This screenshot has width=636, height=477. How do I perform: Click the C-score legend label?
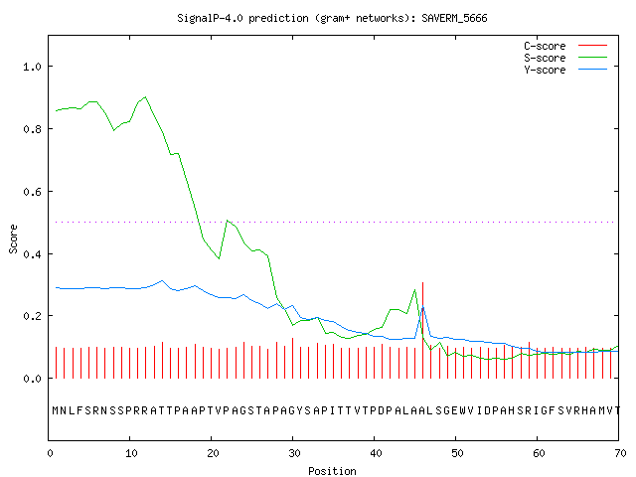[x=545, y=46]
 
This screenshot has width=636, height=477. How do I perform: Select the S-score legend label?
[x=545, y=58]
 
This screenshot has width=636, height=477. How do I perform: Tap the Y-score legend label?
[x=545, y=70]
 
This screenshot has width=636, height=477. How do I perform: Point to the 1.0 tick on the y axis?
[x=32, y=67]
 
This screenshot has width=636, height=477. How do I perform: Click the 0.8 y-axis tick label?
[x=32, y=129]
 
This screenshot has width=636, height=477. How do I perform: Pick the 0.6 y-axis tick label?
[x=32, y=192]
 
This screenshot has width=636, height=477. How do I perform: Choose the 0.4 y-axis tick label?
[x=32, y=254]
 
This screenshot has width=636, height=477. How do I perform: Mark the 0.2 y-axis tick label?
[x=32, y=316]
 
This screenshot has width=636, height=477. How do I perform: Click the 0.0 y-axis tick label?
[x=32, y=379]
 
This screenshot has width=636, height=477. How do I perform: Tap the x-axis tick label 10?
[x=130, y=453]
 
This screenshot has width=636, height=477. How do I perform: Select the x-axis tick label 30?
[x=294, y=453]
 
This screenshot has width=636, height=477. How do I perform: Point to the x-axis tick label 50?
[x=457, y=453]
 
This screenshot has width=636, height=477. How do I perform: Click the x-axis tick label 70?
[x=620, y=453]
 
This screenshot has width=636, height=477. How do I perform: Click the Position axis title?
[x=332, y=471]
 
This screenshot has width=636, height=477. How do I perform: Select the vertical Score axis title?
[x=13, y=239]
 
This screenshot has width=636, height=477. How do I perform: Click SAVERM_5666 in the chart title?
[x=454, y=18]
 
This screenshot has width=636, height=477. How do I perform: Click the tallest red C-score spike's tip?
[x=422, y=282]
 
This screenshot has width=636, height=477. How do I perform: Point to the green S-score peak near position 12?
[x=146, y=97]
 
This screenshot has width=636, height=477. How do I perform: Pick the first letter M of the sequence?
[x=56, y=410]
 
